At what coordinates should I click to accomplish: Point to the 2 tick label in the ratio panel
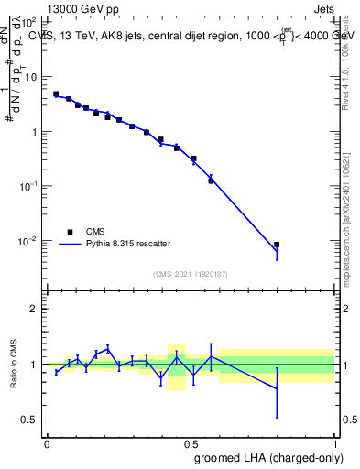coord(34,309)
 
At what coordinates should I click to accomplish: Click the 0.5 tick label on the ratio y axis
coord(30,420)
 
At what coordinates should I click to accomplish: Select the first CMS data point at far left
coord(56,93)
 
